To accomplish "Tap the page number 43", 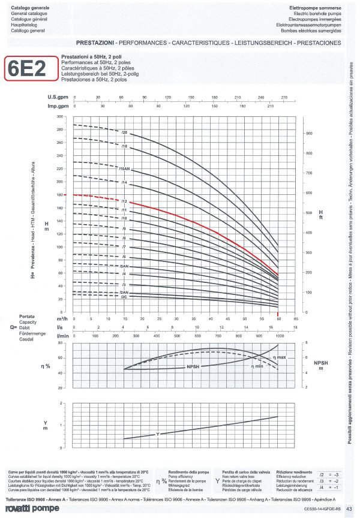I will tap(348, 508).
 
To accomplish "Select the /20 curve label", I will tap(125, 131).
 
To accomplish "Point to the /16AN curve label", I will tap(125, 170).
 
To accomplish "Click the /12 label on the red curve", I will tap(125, 201).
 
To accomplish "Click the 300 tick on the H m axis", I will tap(59, 116).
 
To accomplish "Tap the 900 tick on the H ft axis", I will tap(310, 134).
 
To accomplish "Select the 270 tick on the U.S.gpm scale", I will tap(284, 97).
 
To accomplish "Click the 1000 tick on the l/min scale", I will tap(279, 336).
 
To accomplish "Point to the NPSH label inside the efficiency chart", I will tap(194, 366).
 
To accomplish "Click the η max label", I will tap(280, 357).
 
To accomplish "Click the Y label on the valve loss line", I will tap(158, 433).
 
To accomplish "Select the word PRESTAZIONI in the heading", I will tap(95, 43).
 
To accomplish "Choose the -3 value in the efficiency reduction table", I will tap(337, 474).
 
